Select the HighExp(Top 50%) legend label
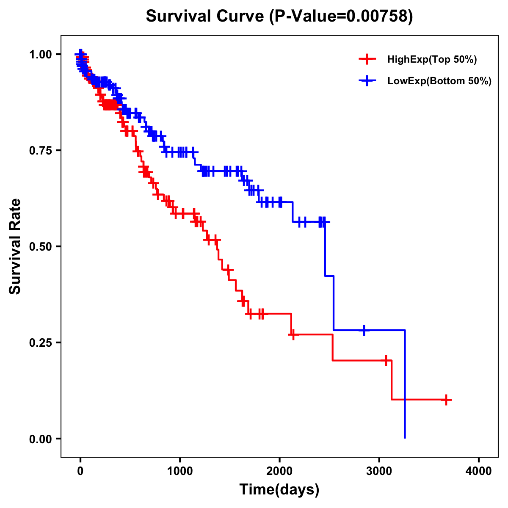coord(432,60)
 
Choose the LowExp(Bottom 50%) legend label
coord(439,81)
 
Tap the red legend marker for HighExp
coord(367,60)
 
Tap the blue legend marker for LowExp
coord(367,81)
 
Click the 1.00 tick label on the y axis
coord(41,54)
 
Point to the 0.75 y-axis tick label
coord(41,150)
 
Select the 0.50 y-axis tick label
coord(41,246)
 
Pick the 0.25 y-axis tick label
coord(41,342)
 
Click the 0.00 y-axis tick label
coord(41,439)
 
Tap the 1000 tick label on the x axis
coord(180,471)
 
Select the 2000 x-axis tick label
coord(279,471)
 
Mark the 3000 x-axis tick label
coord(379,471)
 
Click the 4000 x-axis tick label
coord(479,471)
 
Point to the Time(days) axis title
coord(279,490)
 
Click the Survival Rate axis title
coord(15,246)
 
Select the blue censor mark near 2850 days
coord(364,330)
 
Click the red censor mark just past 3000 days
coord(386,361)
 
